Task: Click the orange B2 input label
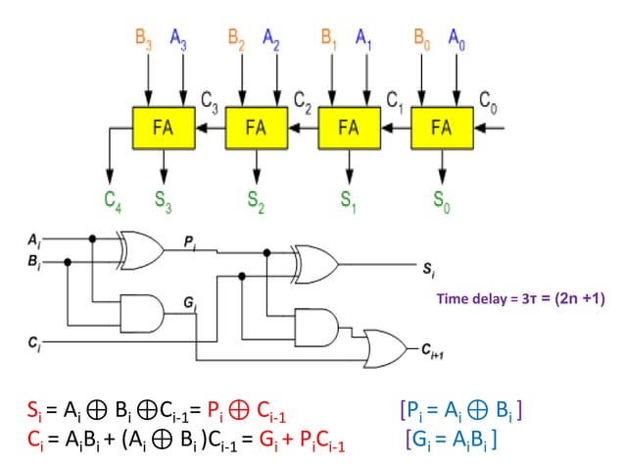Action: [x=236, y=40]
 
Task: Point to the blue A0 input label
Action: [x=457, y=40]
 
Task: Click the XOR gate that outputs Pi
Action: [x=140, y=250]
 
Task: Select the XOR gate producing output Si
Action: [x=313, y=264]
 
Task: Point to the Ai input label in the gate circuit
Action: [x=34, y=238]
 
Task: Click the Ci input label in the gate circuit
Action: [x=34, y=343]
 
